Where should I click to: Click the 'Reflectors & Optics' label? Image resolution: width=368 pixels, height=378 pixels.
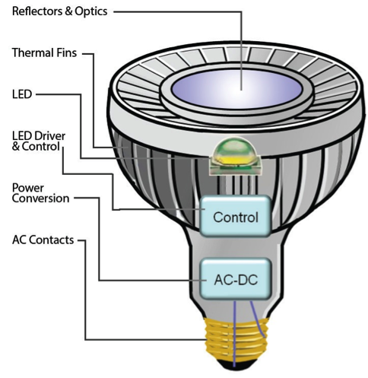(x=60, y=11)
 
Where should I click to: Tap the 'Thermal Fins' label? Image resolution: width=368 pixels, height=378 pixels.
(x=44, y=52)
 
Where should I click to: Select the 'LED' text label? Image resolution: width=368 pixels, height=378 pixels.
(x=22, y=94)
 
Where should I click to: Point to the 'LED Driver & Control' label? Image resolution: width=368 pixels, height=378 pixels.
(x=39, y=141)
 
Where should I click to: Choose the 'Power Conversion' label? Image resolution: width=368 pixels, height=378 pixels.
(x=40, y=193)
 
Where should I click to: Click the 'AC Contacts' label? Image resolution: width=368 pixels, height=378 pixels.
(x=43, y=240)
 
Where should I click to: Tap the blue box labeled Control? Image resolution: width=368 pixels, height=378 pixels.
(x=236, y=216)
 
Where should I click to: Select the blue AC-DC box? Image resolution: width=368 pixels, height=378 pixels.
(x=236, y=279)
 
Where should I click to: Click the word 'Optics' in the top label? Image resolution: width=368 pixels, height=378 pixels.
(x=91, y=11)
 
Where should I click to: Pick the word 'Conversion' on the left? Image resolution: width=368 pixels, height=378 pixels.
(x=40, y=199)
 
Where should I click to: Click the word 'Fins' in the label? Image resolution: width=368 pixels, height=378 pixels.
(x=67, y=52)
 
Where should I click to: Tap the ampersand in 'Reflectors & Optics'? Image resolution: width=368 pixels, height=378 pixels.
(x=68, y=11)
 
